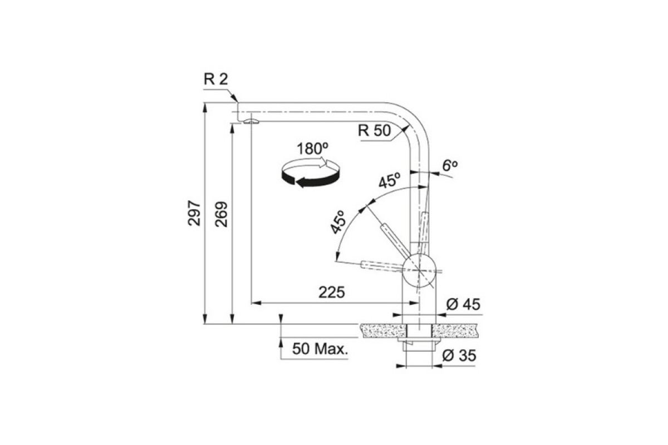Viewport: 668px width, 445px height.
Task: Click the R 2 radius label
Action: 215,80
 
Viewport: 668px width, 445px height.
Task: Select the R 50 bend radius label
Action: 374,130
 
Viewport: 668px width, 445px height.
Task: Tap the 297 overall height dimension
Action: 194,213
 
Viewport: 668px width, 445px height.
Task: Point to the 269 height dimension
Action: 222,214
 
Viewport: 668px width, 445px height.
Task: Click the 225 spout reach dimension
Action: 332,293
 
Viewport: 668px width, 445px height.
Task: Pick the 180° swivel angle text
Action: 312,149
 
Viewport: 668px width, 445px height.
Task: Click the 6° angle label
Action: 450,165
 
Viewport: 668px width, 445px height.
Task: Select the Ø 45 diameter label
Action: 463,305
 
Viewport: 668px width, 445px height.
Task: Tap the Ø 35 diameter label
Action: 459,355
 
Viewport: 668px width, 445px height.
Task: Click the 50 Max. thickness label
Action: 320,349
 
